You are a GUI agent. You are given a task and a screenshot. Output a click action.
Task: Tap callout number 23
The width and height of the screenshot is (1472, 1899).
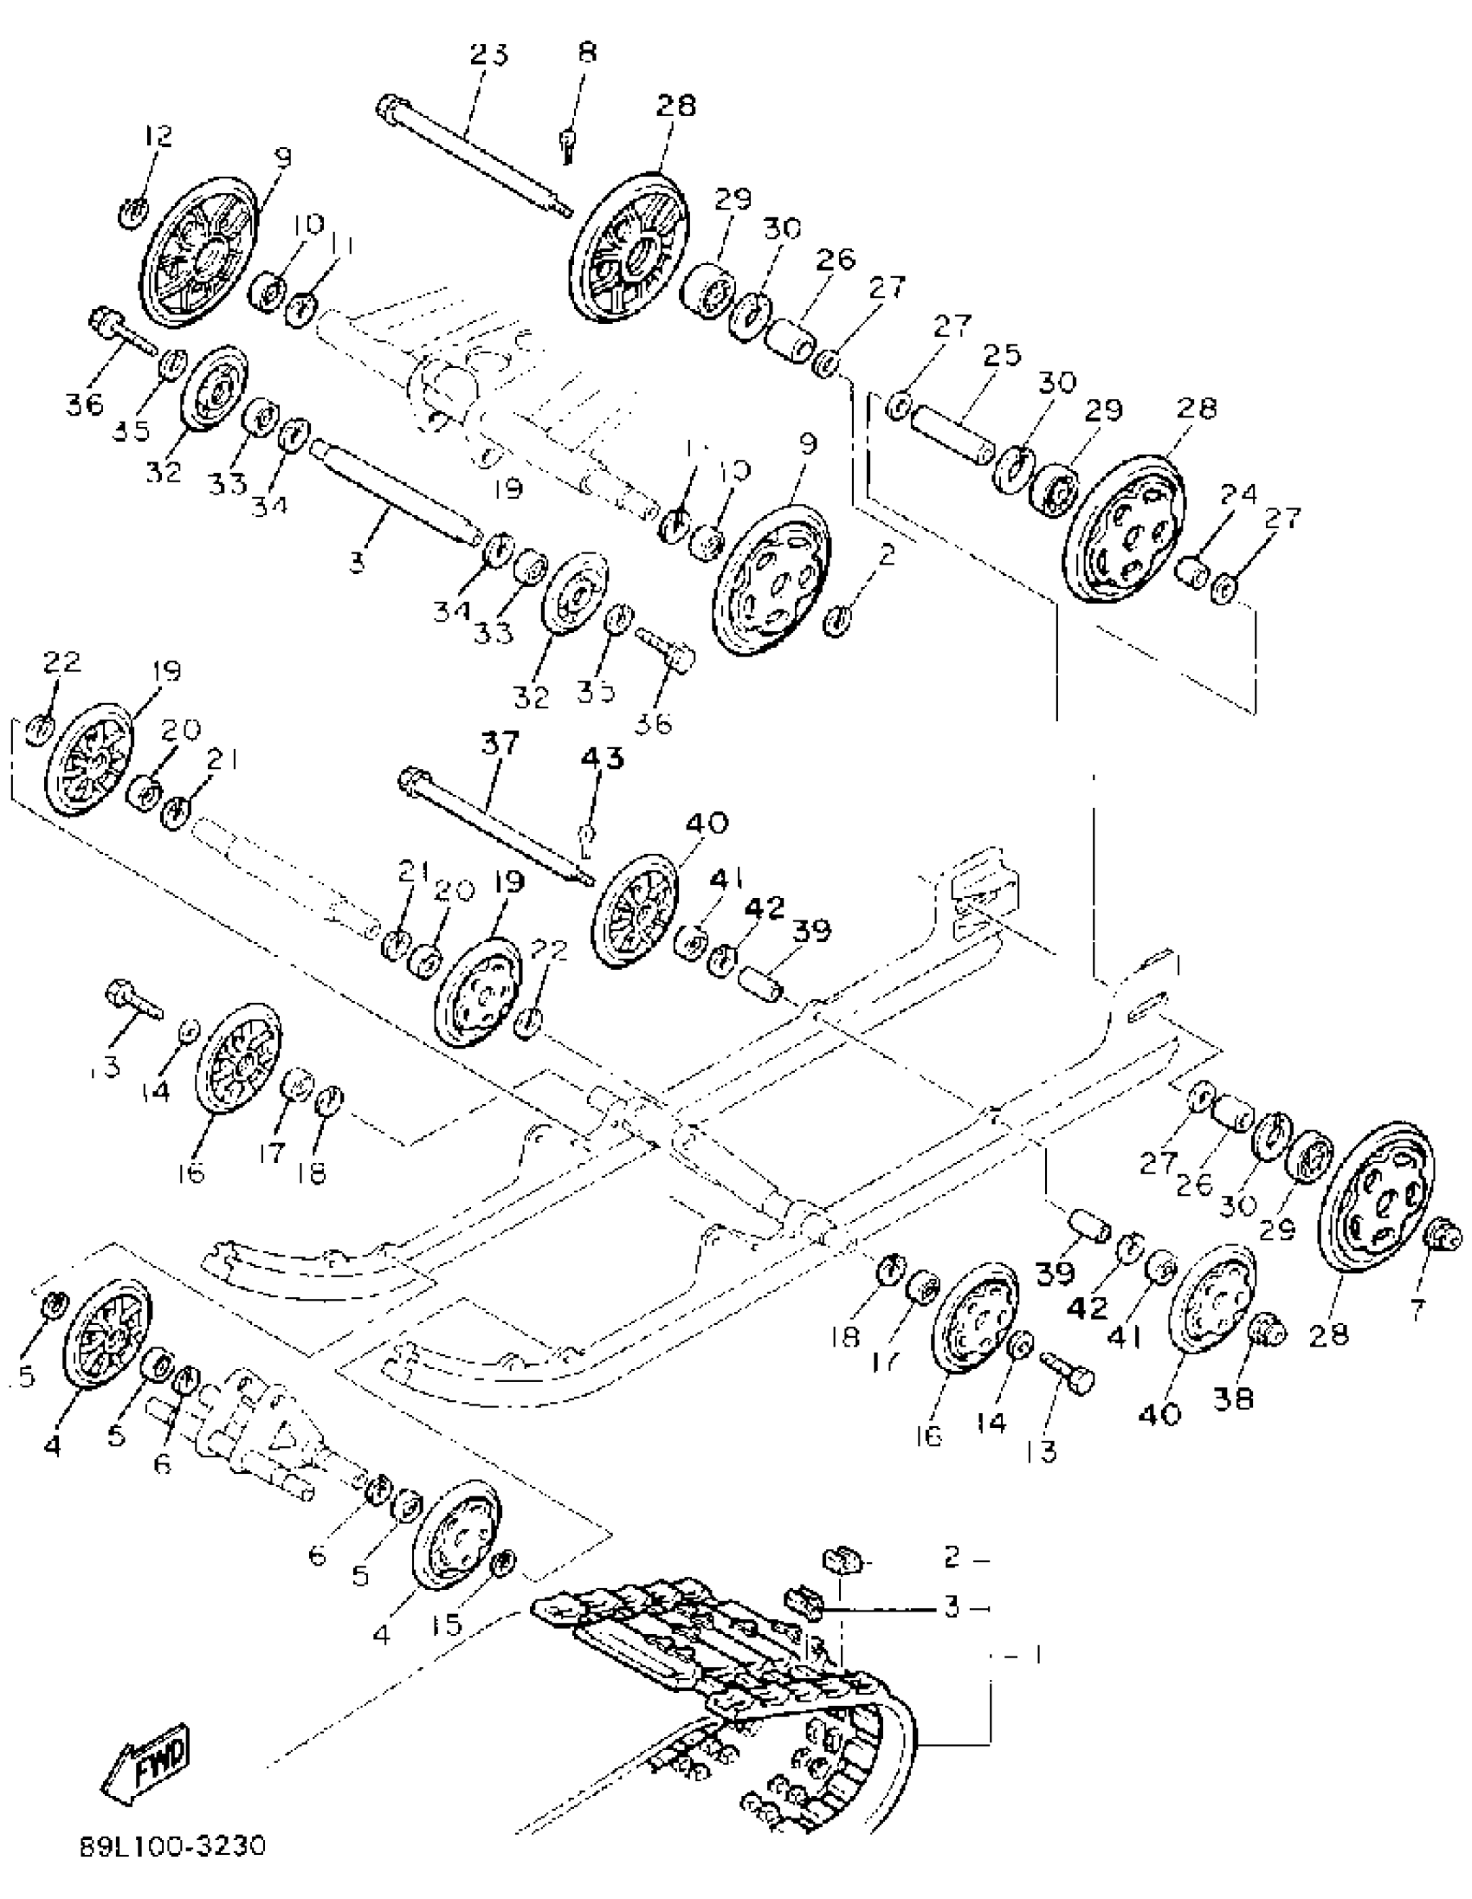(x=488, y=54)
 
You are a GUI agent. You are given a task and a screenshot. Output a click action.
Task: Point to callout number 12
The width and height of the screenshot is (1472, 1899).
(x=158, y=136)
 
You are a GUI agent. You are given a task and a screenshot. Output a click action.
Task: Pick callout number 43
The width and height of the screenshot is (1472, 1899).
(x=603, y=758)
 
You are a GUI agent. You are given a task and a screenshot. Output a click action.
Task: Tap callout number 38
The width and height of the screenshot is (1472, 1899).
(x=1233, y=1399)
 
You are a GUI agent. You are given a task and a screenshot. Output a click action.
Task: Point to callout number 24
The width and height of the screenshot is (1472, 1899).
(x=1238, y=494)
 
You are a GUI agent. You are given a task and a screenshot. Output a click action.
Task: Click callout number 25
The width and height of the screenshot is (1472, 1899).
(x=1002, y=355)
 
